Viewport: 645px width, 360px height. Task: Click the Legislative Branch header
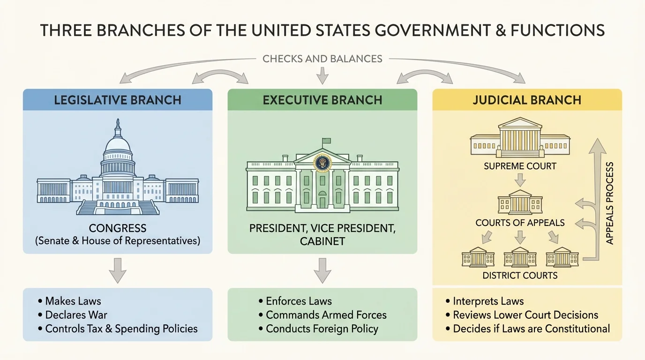pos(118,100)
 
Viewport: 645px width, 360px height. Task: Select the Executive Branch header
pos(322,100)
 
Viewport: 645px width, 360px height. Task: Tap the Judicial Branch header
pos(527,100)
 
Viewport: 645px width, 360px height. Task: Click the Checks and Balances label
pos(322,59)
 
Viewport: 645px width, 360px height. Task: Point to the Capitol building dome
pos(118,141)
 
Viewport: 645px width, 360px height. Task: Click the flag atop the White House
pos(326,141)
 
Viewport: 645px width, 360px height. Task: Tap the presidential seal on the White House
pos(322,163)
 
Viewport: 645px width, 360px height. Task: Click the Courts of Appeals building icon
pos(520,202)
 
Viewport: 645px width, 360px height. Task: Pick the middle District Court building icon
pos(520,257)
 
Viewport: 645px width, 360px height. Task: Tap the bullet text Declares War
pos(76,315)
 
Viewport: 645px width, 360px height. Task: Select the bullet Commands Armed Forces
pos(326,315)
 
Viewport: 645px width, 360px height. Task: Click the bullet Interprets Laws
pos(488,301)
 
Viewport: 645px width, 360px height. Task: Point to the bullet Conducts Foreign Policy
pos(322,329)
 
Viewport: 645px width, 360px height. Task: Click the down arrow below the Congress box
pos(118,271)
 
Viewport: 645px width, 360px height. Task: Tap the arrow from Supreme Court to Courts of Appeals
pos(520,179)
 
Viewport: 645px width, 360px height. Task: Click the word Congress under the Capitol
pos(118,229)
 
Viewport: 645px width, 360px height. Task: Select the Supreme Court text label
pos(520,166)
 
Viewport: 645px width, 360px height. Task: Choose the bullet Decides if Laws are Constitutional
pos(531,329)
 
